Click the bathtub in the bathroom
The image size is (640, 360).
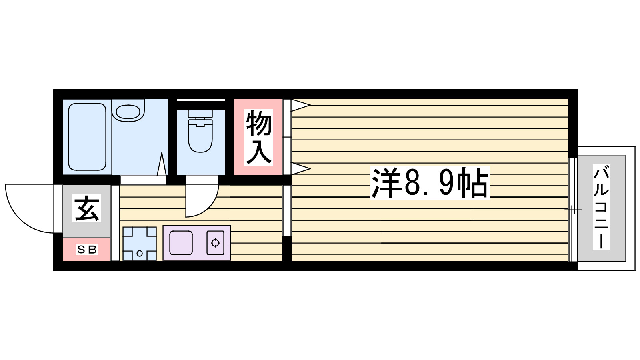tap(87, 137)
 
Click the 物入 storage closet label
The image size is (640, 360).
tap(258, 138)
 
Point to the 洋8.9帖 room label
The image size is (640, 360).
tap(430, 183)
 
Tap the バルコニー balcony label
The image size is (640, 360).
tap(601, 208)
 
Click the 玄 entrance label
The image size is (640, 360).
tap(87, 208)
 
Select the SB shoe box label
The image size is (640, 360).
tap(87, 250)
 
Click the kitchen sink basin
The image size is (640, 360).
tap(181, 243)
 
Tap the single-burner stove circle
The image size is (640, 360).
tap(215, 243)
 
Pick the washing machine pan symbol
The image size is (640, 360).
tap(139, 243)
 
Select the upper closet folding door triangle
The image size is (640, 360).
tap(300, 105)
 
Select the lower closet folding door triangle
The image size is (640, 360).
tap(300, 168)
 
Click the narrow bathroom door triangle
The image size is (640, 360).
tap(162, 164)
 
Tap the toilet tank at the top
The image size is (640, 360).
tap(200, 114)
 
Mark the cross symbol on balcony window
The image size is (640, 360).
tap(573, 209)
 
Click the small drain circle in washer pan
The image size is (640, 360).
tap(140, 253)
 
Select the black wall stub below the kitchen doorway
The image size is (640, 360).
tap(286, 249)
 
